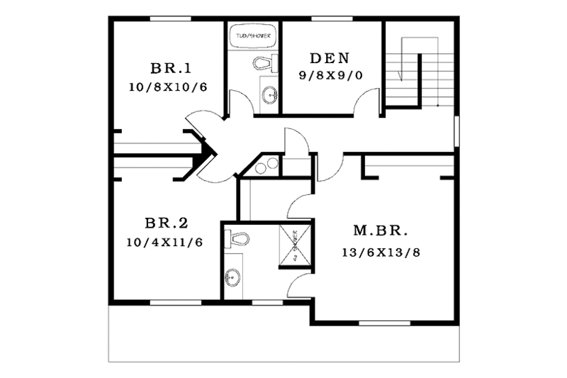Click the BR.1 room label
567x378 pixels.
pyautogui.click(x=169, y=69)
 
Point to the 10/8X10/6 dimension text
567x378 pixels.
pyautogui.click(x=169, y=88)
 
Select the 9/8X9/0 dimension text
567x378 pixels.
pyautogui.click(x=326, y=75)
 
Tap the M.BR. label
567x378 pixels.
pyautogui.click(x=381, y=231)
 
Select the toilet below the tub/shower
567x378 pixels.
pyautogui.click(x=264, y=62)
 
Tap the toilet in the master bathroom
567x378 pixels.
pyautogui.click(x=236, y=239)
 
